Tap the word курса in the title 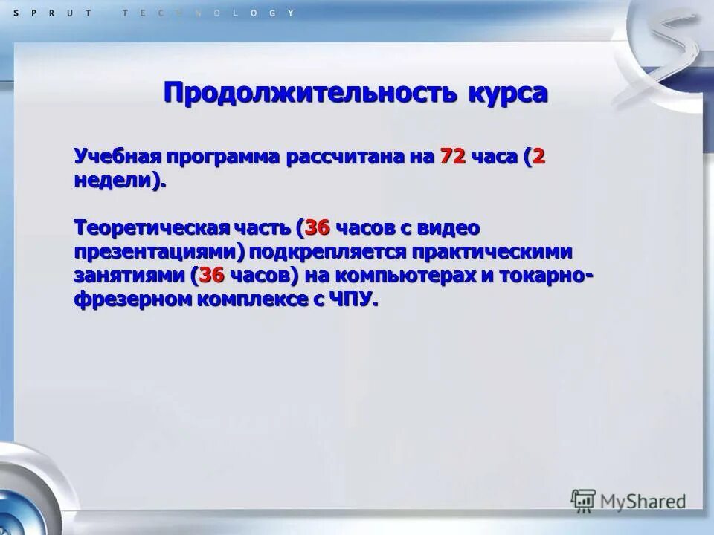[x=508, y=93]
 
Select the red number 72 [x=453, y=158]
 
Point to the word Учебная [x=118, y=158]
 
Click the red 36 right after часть [x=317, y=228]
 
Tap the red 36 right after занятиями [x=212, y=275]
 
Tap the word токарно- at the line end [x=545, y=275]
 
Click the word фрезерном [x=128, y=299]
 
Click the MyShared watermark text [x=643, y=502]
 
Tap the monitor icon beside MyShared [x=583, y=501]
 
